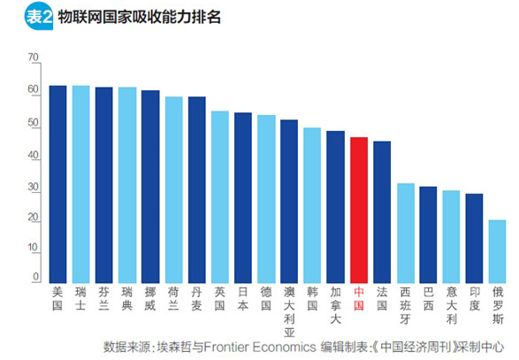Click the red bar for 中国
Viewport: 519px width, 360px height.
(359, 210)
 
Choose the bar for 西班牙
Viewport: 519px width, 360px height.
(405, 233)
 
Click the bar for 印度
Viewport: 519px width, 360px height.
(475, 238)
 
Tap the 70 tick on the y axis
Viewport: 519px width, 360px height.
(34, 58)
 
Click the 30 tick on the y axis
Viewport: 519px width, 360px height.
(34, 188)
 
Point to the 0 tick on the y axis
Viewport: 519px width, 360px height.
(36, 277)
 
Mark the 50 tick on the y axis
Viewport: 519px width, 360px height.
(34, 124)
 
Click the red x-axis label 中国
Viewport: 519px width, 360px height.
(359, 297)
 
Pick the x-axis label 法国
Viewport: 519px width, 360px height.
(382, 297)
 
